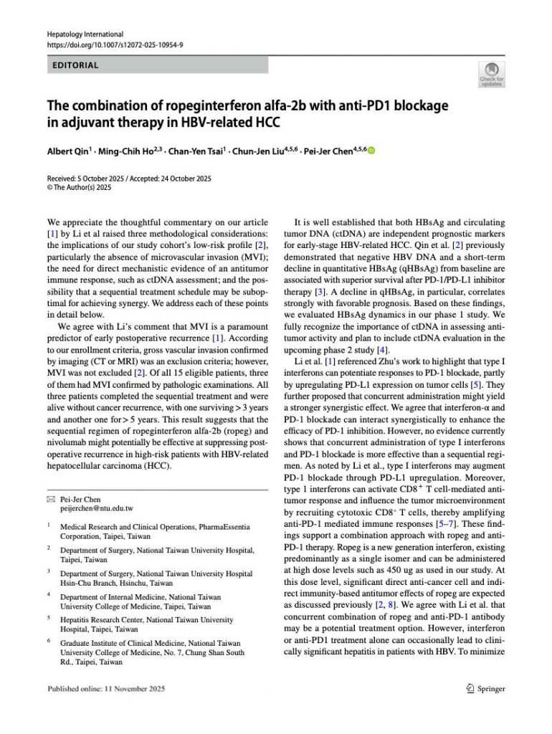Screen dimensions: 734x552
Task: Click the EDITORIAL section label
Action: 75,65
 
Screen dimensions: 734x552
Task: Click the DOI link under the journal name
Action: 115,44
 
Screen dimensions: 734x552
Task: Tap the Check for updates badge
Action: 492,75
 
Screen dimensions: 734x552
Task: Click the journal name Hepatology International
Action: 85,34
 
